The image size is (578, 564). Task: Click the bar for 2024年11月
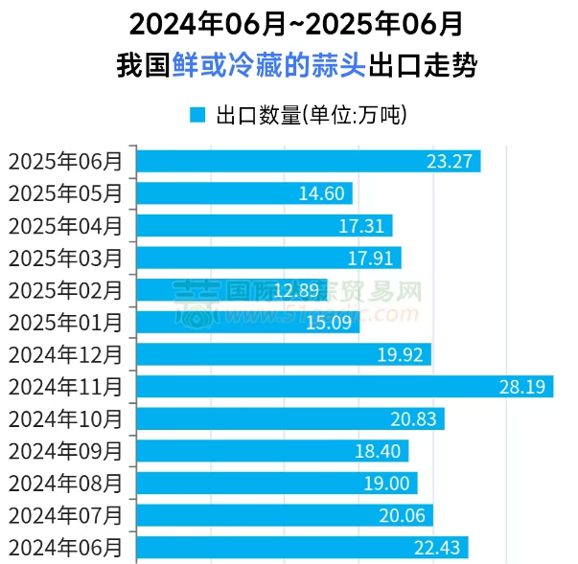tap(345, 387)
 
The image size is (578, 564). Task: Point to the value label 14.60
tap(321, 193)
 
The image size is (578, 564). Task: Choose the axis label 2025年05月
tap(66, 193)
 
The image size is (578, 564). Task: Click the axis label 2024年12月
tap(66, 354)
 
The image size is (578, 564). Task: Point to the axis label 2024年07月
tap(66, 515)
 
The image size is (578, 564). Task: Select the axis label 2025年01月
tap(66, 322)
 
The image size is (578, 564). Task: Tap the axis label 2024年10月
tap(66, 418)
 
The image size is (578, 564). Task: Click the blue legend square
tap(197, 116)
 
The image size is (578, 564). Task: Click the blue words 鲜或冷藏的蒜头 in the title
tap(269, 66)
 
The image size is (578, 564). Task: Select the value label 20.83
tap(413, 418)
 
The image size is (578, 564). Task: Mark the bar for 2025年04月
tap(264, 226)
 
